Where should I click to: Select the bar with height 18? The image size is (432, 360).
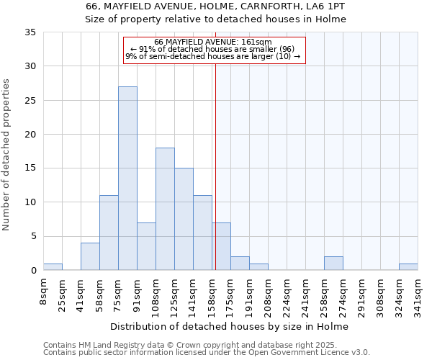(165, 209)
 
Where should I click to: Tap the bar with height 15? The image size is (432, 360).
(184, 219)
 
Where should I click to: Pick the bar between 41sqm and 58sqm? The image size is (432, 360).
(90, 256)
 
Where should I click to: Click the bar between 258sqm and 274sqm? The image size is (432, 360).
(333, 264)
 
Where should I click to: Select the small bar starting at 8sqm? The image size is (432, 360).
(53, 266)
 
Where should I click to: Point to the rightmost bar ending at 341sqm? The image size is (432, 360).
(408, 266)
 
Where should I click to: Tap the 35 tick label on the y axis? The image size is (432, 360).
(30, 32)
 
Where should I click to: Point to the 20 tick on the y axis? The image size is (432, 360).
(30, 135)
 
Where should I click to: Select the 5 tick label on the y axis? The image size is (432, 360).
(33, 236)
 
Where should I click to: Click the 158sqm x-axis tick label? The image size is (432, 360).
(212, 292)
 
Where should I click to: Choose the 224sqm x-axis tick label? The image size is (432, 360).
(287, 292)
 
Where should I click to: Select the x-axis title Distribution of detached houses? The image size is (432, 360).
(230, 327)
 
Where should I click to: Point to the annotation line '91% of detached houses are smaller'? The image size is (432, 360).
(215, 49)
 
